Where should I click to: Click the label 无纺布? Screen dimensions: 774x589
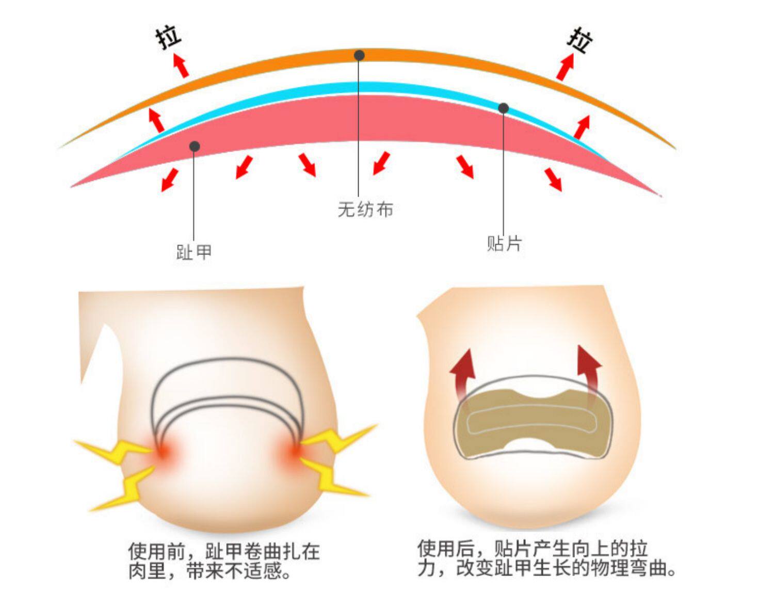click(x=365, y=210)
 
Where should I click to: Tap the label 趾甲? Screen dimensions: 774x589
click(x=193, y=252)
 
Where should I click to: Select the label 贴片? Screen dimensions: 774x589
click(x=504, y=243)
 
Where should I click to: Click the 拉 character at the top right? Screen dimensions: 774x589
click(x=579, y=40)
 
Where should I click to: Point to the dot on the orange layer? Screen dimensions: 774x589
click(x=359, y=55)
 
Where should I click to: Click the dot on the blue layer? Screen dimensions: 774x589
click(x=503, y=108)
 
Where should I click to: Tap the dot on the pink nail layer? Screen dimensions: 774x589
click(x=195, y=147)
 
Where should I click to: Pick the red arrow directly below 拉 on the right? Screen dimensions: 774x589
click(x=565, y=66)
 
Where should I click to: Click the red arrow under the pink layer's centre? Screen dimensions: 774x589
click(x=381, y=163)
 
